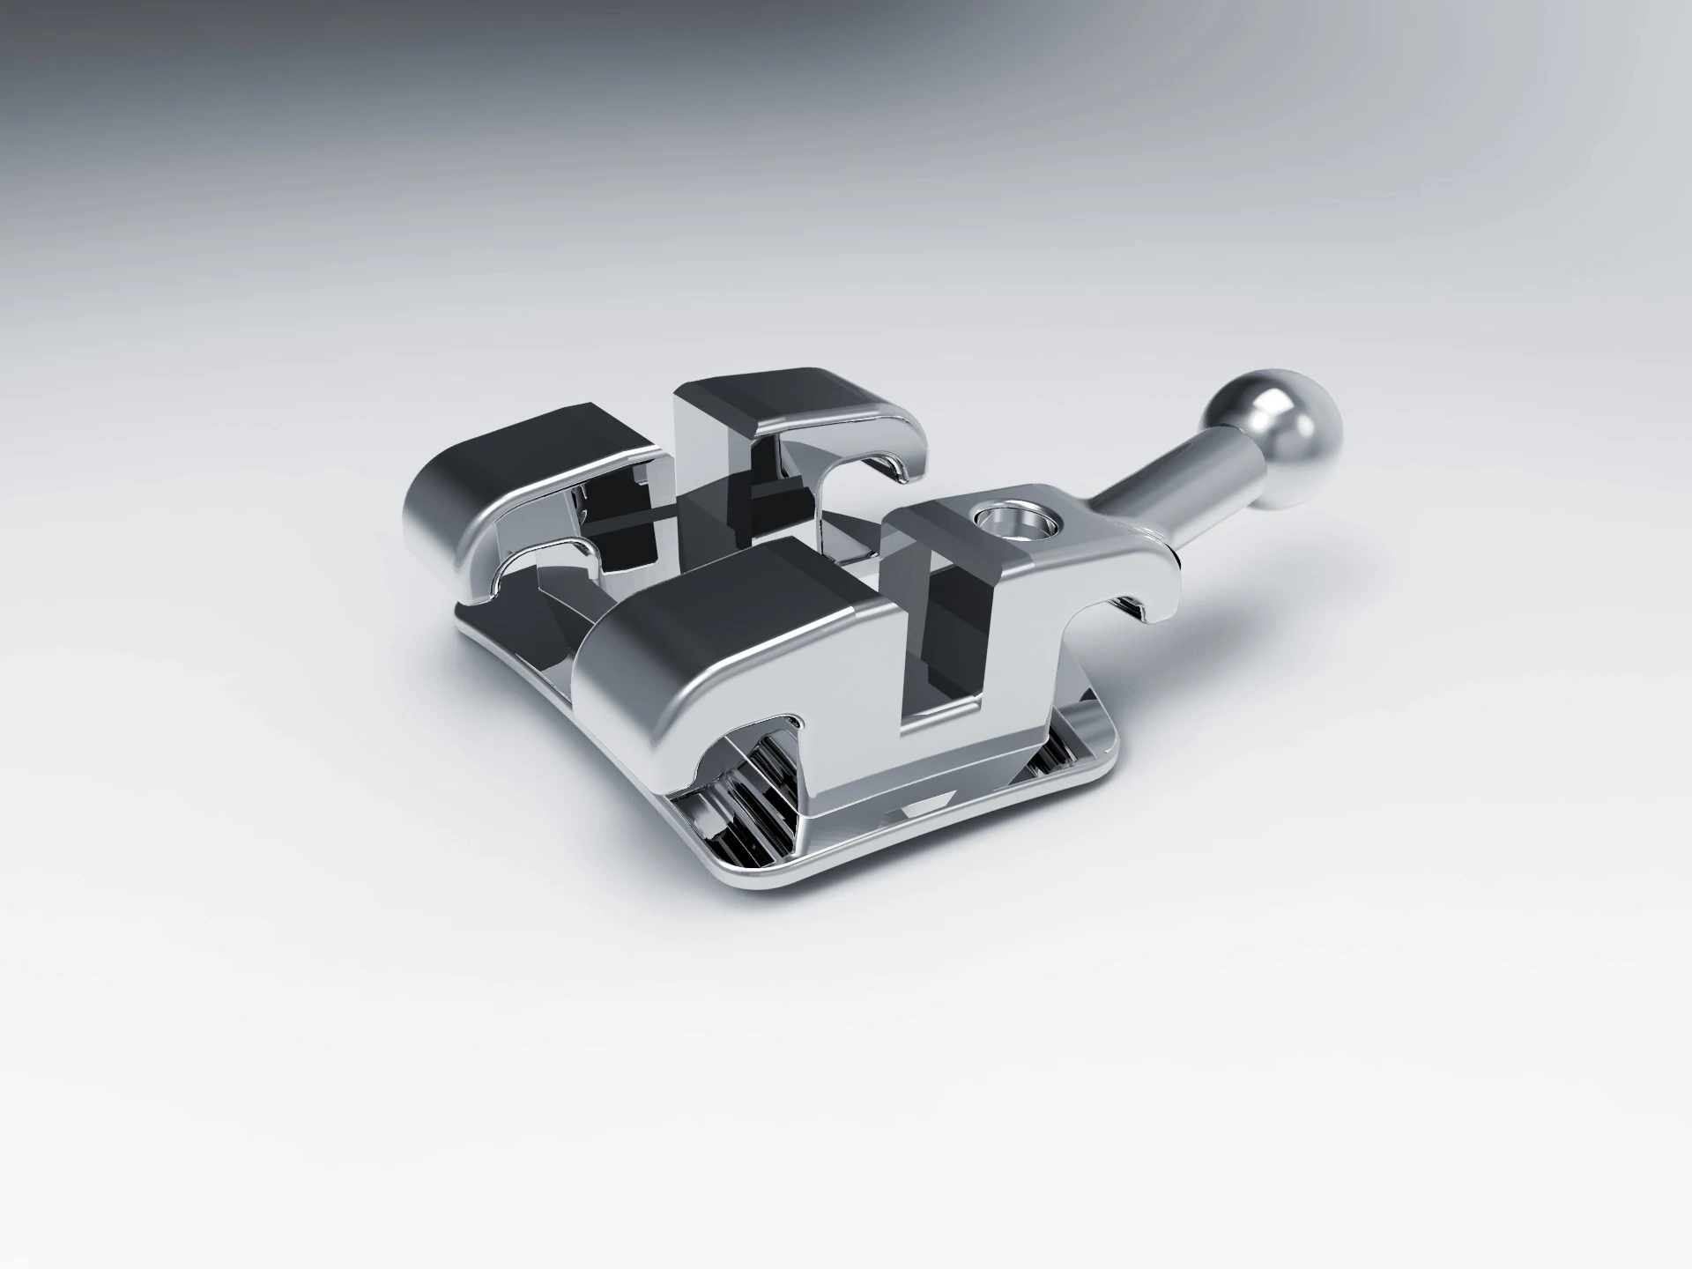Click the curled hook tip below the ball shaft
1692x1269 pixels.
pyautogui.click(x=1146, y=608)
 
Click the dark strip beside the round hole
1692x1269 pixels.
pyautogui.click(x=934, y=529)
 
